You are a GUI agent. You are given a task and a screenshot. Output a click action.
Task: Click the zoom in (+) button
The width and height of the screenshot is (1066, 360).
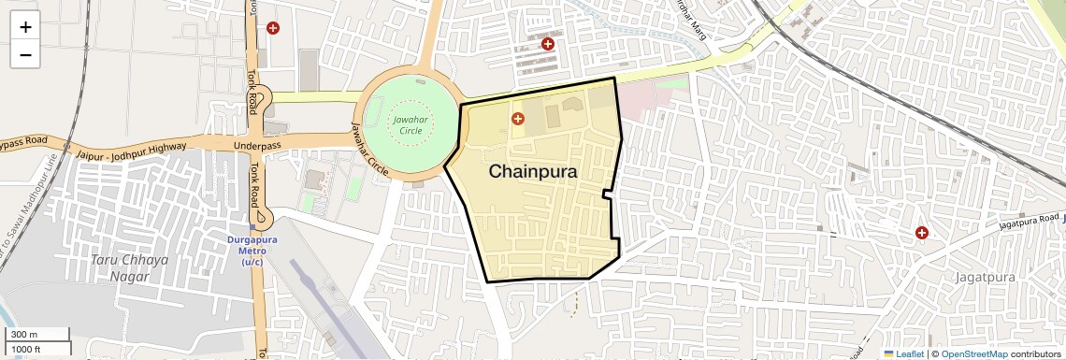[25, 27]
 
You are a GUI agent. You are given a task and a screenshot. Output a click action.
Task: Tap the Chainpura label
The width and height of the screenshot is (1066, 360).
[533, 172]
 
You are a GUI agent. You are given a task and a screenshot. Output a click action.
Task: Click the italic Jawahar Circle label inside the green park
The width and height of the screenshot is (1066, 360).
[411, 125]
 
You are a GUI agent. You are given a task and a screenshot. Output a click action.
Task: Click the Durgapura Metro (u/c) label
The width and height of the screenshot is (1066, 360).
[252, 251]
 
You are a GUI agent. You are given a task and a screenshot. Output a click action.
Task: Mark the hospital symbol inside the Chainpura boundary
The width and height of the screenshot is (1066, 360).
[517, 119]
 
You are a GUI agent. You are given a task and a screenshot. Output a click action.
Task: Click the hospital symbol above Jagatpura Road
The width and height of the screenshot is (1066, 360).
[921, 232]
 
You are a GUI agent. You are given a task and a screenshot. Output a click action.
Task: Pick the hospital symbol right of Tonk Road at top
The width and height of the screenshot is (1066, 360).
[273, 28]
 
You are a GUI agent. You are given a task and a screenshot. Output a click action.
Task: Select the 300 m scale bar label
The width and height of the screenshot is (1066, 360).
[24, 335]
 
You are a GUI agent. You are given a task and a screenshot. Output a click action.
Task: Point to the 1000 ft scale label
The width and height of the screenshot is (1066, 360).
[27, 349]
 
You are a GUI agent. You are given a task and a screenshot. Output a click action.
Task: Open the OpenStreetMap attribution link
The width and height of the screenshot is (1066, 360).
[973, 353]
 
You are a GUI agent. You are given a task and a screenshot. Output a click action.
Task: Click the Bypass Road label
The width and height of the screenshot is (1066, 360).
[23, 142]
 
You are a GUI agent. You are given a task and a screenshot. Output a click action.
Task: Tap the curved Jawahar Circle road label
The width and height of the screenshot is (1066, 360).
[368, 151]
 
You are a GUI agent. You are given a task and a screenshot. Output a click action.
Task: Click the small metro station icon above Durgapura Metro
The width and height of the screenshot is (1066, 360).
[252, 226]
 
